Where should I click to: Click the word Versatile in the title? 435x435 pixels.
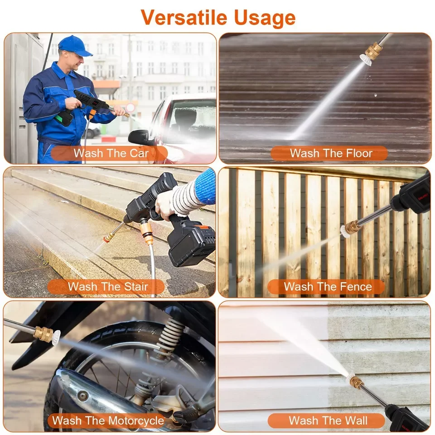point(184,17)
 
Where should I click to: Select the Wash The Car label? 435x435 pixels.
point(111,153)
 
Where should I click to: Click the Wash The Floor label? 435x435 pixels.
point(331,153)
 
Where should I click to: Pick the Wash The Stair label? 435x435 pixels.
point(108,286)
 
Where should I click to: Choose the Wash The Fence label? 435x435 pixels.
point(328,286)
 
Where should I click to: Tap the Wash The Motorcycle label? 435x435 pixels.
point(108,420)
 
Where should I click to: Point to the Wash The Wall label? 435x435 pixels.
point(328,420)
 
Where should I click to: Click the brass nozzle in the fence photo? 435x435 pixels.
point(352,227)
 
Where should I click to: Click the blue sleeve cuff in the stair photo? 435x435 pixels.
point(206,186)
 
